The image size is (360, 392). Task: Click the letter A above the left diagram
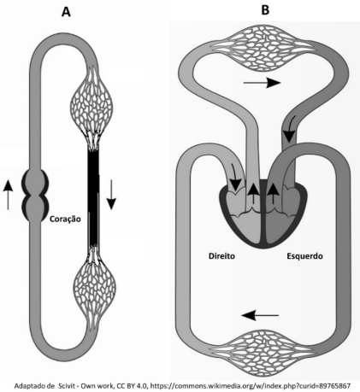(66, 12)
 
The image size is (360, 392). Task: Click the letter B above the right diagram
(265, 10)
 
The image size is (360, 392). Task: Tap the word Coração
(65, 219)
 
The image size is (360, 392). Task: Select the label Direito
(221, 256)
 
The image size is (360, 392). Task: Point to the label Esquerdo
(304, 256)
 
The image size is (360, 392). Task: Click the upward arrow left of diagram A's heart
(9, 195)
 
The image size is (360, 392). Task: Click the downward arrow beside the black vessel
(111, 195)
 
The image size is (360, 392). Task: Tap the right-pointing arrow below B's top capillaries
(263, 83)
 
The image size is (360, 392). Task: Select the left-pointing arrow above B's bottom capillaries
(260, 315)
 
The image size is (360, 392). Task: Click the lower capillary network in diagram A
(95, 288)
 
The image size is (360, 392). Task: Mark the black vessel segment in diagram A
(93, 198)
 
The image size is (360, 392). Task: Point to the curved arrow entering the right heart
(234, 178)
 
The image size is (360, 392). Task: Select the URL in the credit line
(251, 386)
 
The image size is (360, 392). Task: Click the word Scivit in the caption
(68, 386)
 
